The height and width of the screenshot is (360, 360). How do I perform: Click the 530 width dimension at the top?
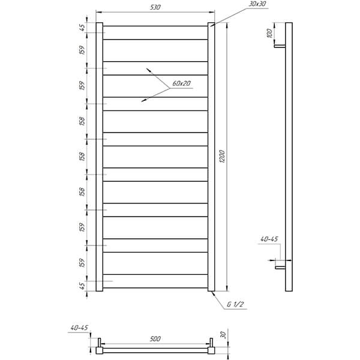(155, 7)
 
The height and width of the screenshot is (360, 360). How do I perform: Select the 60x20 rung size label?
(181, 83)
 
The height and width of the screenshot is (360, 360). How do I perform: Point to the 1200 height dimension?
(222, 157)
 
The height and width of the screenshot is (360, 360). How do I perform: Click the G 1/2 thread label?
(235, 304)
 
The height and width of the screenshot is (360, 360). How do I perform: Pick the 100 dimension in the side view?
(269, 34)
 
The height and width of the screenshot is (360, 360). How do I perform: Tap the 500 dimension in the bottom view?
(155, 339)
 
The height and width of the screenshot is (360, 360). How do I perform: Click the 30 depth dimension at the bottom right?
(223, 335)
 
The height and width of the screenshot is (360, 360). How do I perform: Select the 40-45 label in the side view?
(269, 239)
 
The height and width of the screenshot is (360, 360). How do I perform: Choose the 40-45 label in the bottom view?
(79, 328)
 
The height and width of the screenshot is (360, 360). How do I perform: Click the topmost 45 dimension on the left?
(82, 28)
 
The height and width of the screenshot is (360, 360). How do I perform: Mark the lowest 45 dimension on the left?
(82, 286)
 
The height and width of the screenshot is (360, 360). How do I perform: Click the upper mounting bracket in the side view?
(280, 46)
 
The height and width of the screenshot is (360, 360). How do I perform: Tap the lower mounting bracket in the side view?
(281, 267)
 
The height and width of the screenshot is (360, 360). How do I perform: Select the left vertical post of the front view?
(100, 157)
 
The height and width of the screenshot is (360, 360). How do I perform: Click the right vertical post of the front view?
(211, 157)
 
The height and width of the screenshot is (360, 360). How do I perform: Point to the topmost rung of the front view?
(155, 33)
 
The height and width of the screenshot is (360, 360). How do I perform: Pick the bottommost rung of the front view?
(155, 281)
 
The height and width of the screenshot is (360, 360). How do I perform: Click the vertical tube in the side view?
(289, 157)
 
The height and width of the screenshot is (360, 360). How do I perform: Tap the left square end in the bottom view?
(100, 350)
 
